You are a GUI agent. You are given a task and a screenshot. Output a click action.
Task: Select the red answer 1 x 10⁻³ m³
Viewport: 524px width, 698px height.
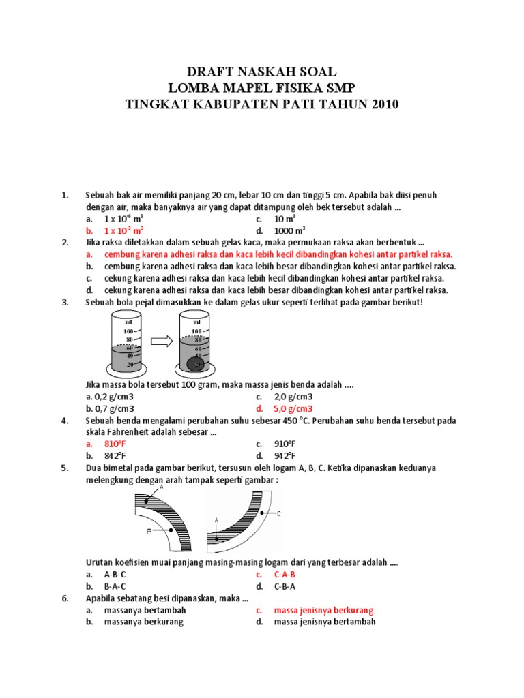coord(123,230)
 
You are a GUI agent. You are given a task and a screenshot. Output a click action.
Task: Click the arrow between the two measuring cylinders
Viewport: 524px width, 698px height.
coord(162,342)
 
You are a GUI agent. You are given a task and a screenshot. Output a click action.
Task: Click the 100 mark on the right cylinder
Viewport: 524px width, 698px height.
coord(196,331)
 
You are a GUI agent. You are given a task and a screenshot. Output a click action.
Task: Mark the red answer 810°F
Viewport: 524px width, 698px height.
coord(117,444)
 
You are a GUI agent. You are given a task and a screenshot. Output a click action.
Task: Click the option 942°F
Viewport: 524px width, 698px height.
coord(287,455)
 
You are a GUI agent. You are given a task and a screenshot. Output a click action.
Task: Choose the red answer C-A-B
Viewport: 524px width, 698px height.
coord(285,575)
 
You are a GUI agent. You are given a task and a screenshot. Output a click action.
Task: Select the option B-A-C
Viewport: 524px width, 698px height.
coord(115,586)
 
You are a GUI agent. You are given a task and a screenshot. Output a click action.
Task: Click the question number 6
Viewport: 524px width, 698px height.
coord(65,598)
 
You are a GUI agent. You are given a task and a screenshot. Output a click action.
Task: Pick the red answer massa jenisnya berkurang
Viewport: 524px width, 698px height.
coord(323,610)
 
